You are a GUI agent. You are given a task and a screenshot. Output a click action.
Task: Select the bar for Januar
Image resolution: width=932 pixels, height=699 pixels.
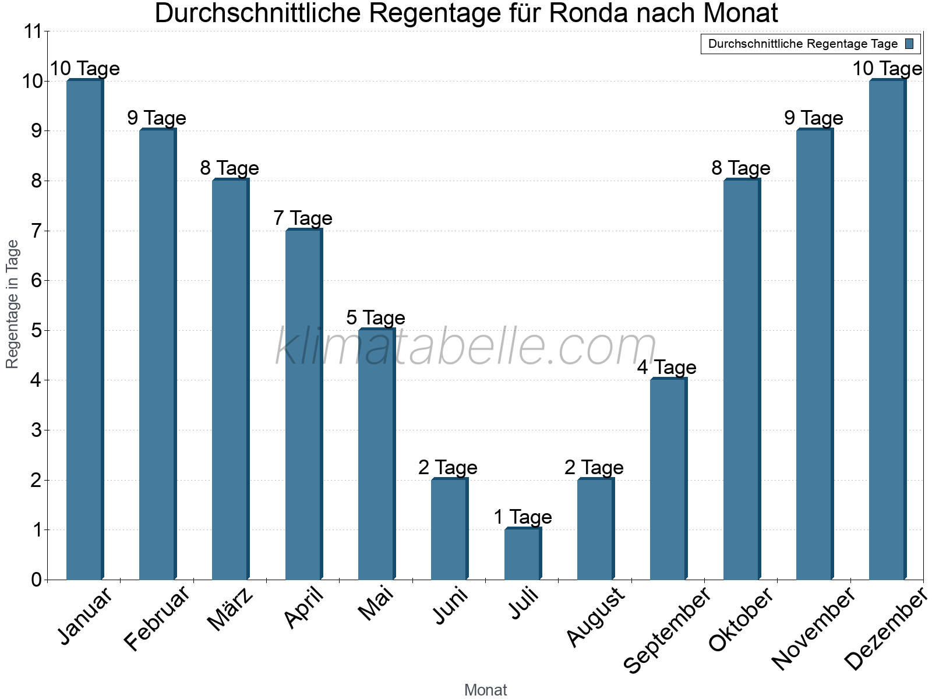click(x=85, y=330)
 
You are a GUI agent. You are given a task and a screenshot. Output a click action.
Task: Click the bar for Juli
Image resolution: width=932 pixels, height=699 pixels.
click(x=523, y=554)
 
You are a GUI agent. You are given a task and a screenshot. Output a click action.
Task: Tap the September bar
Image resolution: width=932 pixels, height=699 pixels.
click(x=668, y=479)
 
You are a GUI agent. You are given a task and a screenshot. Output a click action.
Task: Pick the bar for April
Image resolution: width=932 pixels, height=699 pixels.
click(x=303, y=405)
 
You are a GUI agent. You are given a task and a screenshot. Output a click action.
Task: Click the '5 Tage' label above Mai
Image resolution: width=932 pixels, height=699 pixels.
click(x=376, y=318)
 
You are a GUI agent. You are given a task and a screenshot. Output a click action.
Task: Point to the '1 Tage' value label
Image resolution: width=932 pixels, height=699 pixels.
click(x=523, y=517)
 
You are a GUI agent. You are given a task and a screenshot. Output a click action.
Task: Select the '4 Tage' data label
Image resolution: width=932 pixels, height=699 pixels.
click(x=666, y=368)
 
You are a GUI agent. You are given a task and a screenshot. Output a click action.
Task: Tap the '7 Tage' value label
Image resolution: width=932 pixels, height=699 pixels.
click(x=303, y=218)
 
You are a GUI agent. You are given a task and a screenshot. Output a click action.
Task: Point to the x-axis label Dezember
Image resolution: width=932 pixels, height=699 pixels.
click(x=885, y=629)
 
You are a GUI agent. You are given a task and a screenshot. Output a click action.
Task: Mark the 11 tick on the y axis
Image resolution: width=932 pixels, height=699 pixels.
click(x=34, y=31)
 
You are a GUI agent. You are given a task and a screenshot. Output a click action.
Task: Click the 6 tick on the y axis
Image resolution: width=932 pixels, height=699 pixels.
click(x=36, y=281)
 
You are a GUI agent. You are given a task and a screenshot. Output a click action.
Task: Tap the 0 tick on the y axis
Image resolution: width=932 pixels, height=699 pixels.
click(x=36, y=580)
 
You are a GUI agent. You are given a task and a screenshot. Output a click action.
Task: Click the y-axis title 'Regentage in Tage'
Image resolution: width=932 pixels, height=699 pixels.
click(x=13, y=305)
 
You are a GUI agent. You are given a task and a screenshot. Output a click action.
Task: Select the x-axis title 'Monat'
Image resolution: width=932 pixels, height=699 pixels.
click(x=485, y=690)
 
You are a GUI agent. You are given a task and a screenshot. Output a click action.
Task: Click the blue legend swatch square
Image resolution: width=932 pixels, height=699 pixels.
click(x=909, y=44)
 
